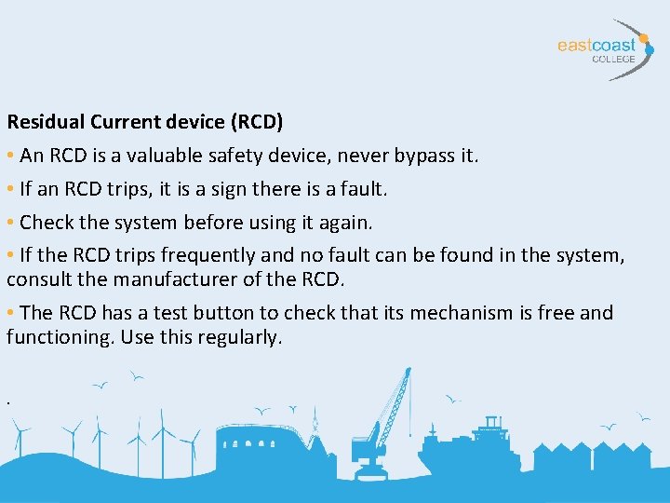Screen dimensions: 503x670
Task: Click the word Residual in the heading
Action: point(43,122)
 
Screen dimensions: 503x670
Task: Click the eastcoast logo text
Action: point(596,45)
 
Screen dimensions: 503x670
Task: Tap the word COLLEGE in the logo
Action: point(613,60)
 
